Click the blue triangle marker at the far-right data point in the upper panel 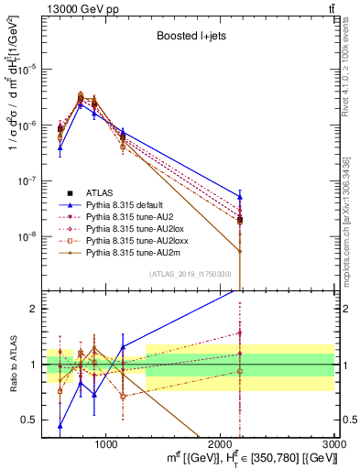coord(240,196)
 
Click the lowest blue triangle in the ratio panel coord(60,425)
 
